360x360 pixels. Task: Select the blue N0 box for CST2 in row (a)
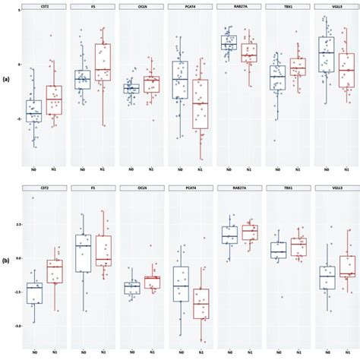pos(33,110)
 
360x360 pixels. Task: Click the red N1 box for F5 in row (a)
pos(103,62)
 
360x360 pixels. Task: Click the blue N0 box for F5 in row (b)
pos(84,254)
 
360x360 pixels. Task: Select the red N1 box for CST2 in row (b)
pos(54,271)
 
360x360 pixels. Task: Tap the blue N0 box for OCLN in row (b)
pos(131,288)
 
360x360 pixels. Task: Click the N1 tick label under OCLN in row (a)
pos(151,169)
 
